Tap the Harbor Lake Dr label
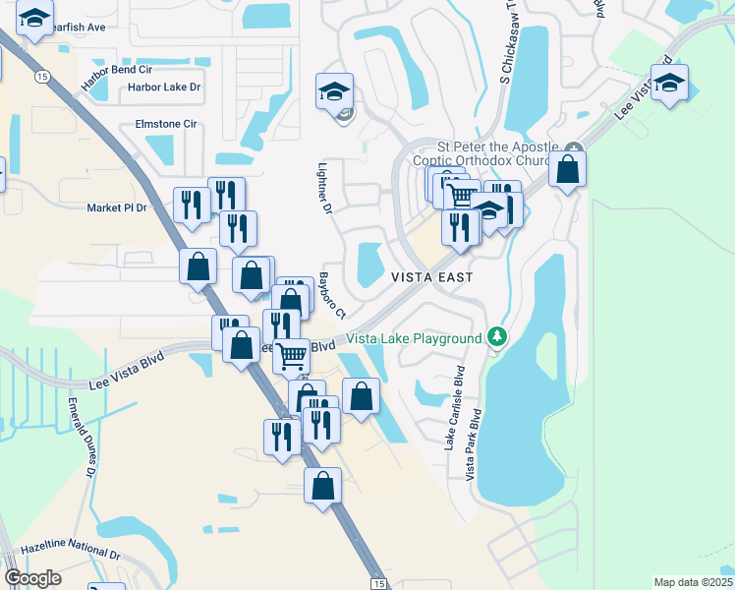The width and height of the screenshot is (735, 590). (x=164, y=88)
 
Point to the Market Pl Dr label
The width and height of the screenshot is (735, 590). (x=116, y=207)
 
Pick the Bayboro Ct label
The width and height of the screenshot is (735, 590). (x=332, y=295)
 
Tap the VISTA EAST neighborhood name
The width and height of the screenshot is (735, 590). (x=432, y=277)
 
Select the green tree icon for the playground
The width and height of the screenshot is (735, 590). (x=498, y=338)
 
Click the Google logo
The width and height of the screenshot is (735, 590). (x=32, y=578)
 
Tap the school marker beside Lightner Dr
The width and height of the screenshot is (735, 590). (x=334, y=91)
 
